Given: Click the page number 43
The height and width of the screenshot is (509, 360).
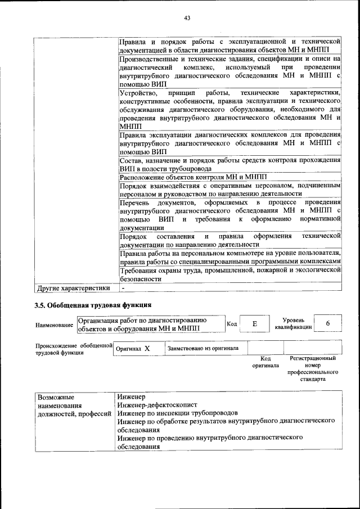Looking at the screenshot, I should coord(187,19).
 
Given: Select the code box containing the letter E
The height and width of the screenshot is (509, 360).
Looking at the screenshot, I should coord(254,324).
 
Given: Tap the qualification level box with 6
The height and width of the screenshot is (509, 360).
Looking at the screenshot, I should coord(327,324).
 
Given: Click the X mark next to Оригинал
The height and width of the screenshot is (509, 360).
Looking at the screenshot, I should coord(147,349).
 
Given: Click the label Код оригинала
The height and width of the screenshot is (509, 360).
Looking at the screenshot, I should coord(262,362).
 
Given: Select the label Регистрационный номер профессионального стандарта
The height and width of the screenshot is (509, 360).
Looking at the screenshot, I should coord(312,368).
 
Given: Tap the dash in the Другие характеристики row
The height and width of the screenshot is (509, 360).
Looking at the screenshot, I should coord(123,289).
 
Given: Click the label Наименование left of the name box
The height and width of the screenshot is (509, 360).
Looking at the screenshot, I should coord(54,325).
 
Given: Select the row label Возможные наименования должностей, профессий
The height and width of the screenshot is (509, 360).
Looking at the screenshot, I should coord(73,405).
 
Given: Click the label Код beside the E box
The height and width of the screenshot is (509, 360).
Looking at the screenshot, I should coord(231,324).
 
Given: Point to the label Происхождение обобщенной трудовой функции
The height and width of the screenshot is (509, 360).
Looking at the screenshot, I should coord(71,349).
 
